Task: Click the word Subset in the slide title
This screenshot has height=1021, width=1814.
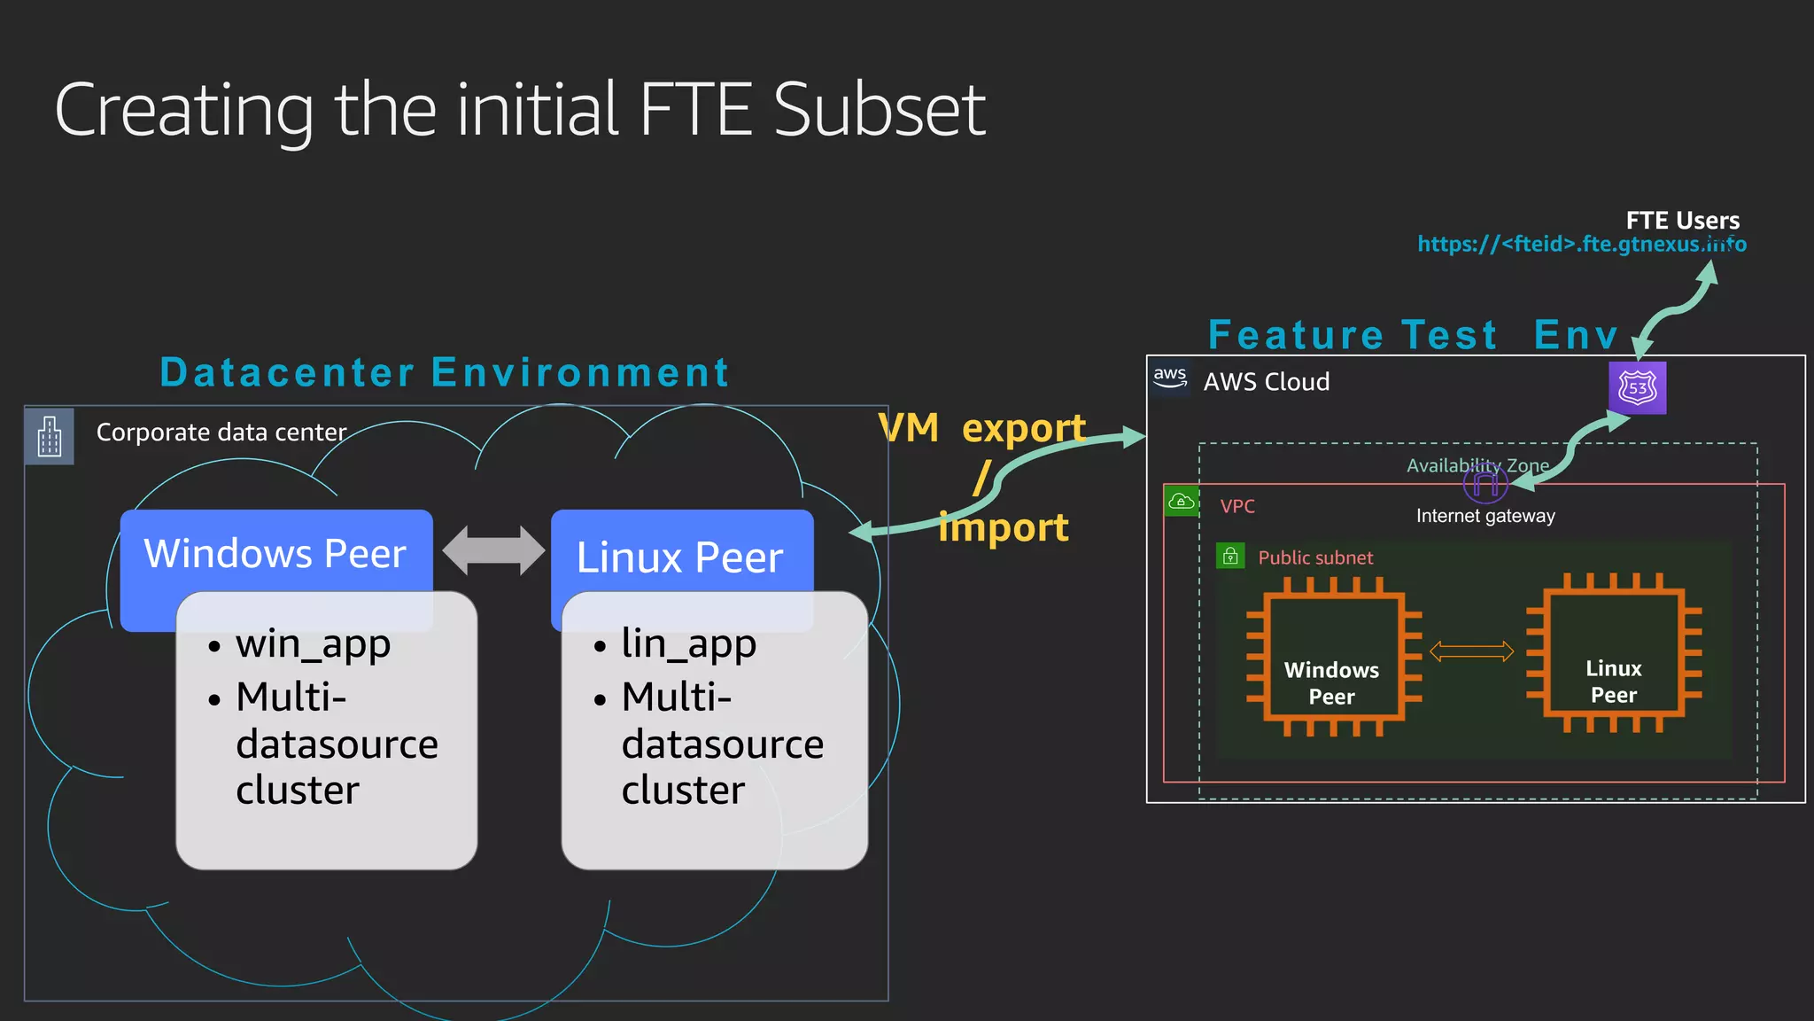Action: pos(879,110)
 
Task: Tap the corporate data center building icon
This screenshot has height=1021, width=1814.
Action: pos(50,436)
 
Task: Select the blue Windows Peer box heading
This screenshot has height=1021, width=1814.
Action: pos(275,553)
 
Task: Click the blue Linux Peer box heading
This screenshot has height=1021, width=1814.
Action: pos(680,557)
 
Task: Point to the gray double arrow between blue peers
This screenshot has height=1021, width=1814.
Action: pos(493,550)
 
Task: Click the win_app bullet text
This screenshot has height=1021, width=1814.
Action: pos(313,644)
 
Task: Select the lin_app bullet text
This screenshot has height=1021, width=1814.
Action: pos(689,644)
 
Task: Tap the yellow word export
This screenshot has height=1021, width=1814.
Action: pos(1023,429)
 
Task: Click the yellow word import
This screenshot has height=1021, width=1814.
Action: pos(1004,528)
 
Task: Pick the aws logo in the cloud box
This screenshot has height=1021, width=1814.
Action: pos(1170,377)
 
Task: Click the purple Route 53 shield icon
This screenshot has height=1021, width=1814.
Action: pos(1637,387)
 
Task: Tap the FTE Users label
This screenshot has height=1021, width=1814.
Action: pos(1682,220)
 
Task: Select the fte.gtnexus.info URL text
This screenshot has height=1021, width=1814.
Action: pos(1581,244)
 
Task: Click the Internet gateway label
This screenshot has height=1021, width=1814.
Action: pos(1485,516)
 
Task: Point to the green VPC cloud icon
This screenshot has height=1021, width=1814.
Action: pos(1182,502)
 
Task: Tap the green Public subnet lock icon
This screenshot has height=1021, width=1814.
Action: pos(1230,557)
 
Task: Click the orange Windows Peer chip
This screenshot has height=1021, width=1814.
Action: pos(1333,656)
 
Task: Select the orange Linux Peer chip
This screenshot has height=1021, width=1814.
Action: pos(1614,654)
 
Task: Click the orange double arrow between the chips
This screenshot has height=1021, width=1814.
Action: pos(1471,652)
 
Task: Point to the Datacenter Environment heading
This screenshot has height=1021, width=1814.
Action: pos(445,372)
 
